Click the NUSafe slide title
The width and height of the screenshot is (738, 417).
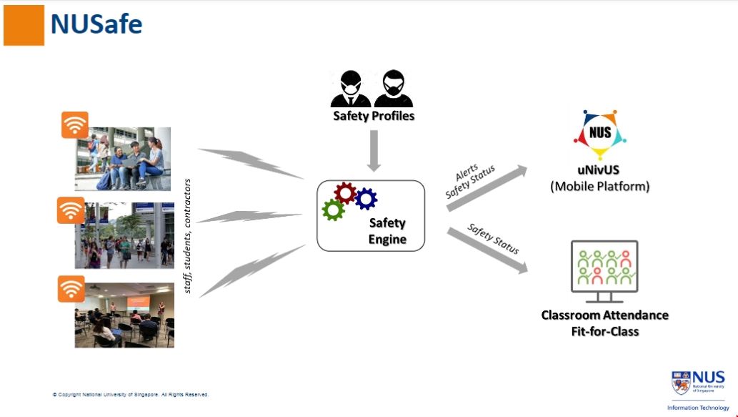click(x=96, y=24)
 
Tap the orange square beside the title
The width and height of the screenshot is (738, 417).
click(x=24, y=26)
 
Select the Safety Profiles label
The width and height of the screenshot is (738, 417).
click(x=373, y=115)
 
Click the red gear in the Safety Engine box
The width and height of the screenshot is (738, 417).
click(x=345, y=192)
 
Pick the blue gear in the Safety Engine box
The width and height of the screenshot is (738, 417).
click(x=366, y=198)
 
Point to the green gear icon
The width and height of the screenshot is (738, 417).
click(x=333, y=210)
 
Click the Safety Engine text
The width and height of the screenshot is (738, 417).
click(x=387, y=231)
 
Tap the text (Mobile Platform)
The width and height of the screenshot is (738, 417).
click(x=600, y=187)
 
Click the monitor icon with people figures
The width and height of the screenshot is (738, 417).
click(x=604, y=270)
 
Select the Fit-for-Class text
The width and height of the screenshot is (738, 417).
click(x=604, y=331)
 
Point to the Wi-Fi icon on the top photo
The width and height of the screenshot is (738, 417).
click(x=74, y=125)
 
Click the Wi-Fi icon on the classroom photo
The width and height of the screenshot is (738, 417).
click(x=71, y=288)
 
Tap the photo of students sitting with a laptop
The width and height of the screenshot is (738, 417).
click(x=123, y=159)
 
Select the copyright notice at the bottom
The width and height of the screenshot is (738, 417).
click(x=131, y=394)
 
